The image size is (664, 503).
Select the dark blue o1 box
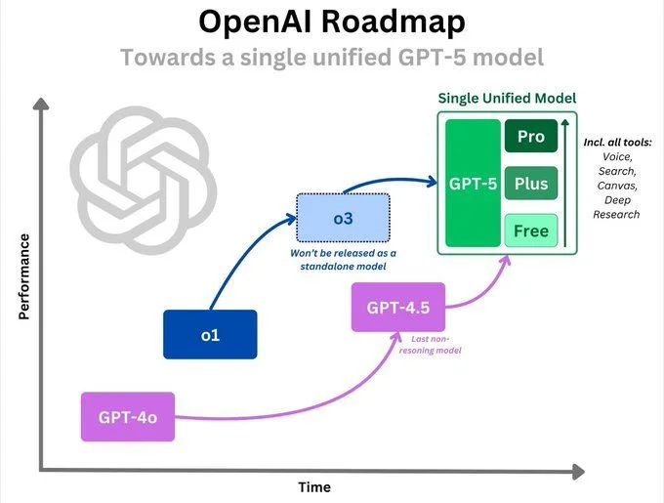click(x=209, y=334)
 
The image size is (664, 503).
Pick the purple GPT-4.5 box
click(x=397, y=309)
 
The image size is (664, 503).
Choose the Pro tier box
click(x=530, y=137)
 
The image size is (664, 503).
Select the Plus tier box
click(x=530, y=184)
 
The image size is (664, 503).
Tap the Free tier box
click(x=530, y=231)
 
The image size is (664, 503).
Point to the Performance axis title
click(x=23, y=277)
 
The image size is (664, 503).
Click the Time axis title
click(x=313, y=485)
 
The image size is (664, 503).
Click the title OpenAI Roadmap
click(x=331, y=21)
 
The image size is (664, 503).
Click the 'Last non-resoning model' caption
click(x=429, y=344)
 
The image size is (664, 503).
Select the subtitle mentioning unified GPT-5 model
click(x=331, y=57)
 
